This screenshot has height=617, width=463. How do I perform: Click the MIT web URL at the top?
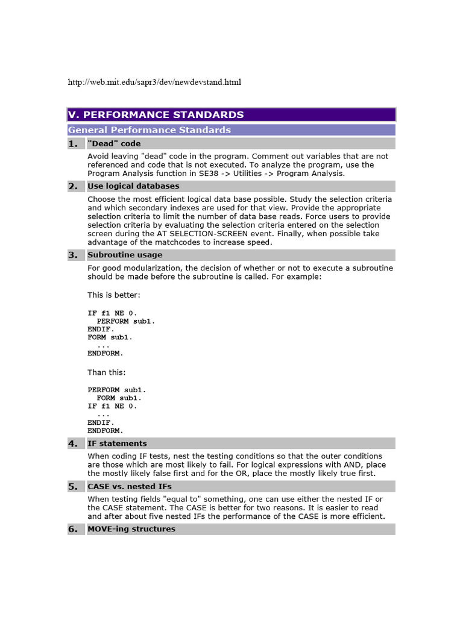click(x=154, y=82)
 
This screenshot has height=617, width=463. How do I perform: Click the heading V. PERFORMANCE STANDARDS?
click(x=156, y=114)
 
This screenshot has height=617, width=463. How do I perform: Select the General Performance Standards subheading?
click(x=150, y=130)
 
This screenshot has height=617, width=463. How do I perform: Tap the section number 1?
click(x=73, y=143)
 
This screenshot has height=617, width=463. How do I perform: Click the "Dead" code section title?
click(x=114, y=143)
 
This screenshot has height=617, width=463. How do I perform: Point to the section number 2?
click(x=73, y=186)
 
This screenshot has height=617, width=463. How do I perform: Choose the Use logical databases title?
click(x=133, y=186)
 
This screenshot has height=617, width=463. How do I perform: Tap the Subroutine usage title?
click(x=125, y=255)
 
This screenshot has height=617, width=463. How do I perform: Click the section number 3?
click(x=73, y=255)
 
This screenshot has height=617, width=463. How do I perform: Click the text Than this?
click(x=107, y=372)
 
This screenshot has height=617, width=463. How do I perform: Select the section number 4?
click(x=73, y=443)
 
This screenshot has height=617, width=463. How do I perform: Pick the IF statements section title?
click(x=117, y=443)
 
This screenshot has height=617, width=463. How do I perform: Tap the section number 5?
click(x=73, y=486)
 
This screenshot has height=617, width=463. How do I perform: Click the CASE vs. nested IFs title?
click(x=131, y=486)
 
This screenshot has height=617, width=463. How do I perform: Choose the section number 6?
click(x=73, y=529)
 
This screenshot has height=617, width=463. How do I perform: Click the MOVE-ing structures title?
click(x=131, y=529)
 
